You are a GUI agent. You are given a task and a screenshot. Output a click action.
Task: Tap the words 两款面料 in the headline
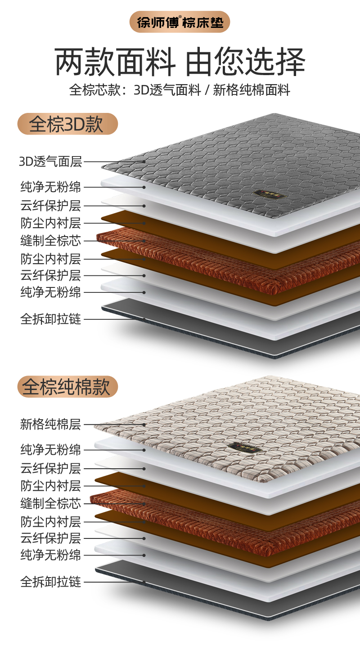tap(115, 62)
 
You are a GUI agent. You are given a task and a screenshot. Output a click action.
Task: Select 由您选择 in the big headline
tap(245, 62)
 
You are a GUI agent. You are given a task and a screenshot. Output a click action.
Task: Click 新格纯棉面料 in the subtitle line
tap(252, 90)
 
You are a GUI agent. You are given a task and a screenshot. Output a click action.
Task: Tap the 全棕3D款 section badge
tap(67, 124)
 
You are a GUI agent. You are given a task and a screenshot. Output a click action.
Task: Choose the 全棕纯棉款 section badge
tap(67, 387)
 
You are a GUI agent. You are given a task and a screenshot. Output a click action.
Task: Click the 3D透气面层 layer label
tap(50, 161)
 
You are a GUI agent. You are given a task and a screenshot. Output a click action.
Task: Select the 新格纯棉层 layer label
tap(50, 424)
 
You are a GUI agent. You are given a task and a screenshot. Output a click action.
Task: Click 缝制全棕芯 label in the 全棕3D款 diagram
tap(50, 241)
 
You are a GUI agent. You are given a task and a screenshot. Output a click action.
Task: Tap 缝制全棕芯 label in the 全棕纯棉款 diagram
tap(50, 503)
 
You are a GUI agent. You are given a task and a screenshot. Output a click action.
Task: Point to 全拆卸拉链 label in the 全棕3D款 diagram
tap(50, 319)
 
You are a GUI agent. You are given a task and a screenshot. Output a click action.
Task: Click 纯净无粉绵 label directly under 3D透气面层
tap(50, 187)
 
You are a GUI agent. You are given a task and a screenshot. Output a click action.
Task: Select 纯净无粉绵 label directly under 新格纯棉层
tap(50, 449)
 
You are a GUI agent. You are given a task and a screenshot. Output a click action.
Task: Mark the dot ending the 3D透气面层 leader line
tap(144, 161)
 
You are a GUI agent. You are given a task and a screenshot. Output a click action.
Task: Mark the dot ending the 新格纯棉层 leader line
tap(144, 424)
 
